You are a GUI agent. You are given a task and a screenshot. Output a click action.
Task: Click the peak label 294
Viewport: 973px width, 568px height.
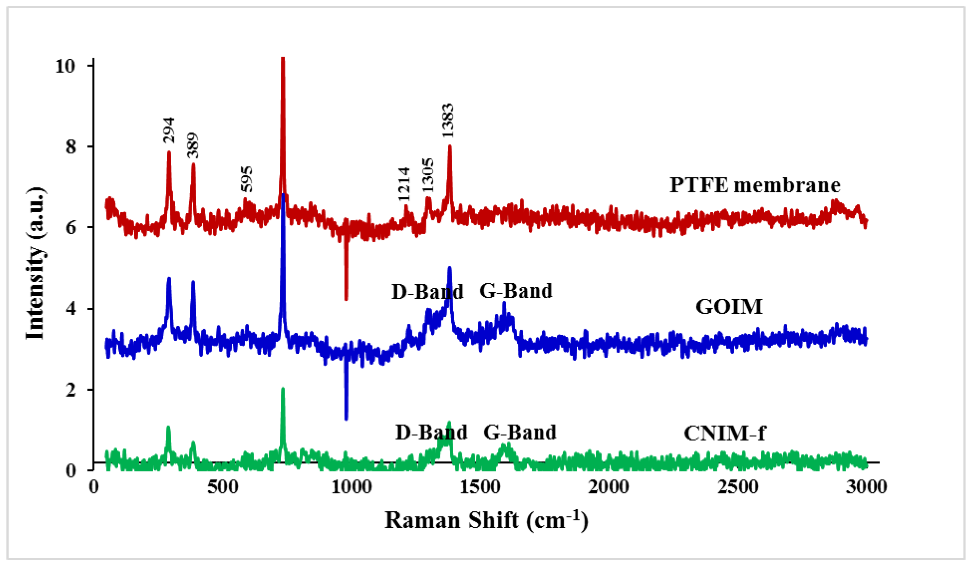pyautogui.click(x=169, y=130)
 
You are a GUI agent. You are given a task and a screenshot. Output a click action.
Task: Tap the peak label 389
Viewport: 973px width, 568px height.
pyautogui.click(x=193, y=145)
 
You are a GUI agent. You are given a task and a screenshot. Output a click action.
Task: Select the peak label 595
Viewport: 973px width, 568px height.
pyautogui.click(x=247, y=179)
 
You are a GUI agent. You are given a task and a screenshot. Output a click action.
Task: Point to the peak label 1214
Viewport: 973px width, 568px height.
pyautogui.click(x=404, y=184)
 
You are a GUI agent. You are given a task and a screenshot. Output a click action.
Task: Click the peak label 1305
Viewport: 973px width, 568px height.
pyautogui.click(x=428, y=175)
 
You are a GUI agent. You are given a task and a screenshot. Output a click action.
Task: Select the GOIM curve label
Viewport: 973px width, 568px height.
pyautogui.click(x=729, y=307)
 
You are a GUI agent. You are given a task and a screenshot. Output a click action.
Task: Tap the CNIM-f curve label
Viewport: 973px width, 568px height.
pyautogui.click(x=724, y=433)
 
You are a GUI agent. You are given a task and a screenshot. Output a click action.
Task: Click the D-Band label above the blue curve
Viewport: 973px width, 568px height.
pyautogui.click(x=428, y=292)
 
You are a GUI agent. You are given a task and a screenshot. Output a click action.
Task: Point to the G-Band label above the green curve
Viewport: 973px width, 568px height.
pyautogui.click(x=520, y=432)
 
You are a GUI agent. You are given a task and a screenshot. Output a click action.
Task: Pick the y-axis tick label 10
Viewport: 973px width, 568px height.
pyautogui.click(x=64, y=66)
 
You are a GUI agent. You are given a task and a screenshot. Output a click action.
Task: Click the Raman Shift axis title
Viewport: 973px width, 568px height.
pyautogui.click(x=486, y=521)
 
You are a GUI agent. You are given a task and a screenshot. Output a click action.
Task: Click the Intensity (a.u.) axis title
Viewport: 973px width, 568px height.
pyautogui.click(x=36, y=263)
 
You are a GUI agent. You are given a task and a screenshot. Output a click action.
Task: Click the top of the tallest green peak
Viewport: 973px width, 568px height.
pyautogui.click(x=283, y=389)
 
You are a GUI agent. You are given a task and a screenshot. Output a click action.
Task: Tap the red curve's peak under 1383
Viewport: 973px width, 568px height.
pyautogui.click(x=450, y=146)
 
